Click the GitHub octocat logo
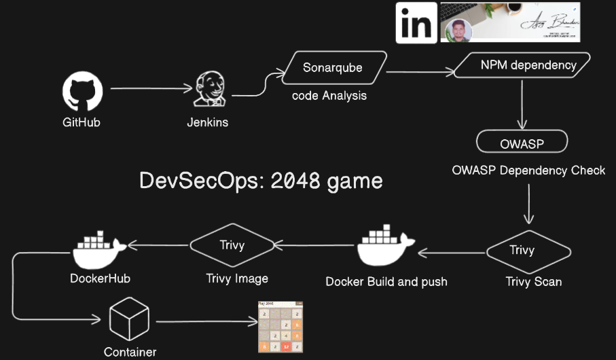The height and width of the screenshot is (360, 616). (x=83, y=92)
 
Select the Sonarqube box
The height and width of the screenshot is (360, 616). (x=333, y=68)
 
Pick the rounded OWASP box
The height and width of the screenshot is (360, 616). (x=522, y=143)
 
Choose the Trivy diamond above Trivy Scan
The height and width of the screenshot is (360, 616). (x=522, y=251)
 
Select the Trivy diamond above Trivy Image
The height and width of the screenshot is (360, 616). (x=232, y=245)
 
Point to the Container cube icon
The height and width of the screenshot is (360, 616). (x=129, y=320)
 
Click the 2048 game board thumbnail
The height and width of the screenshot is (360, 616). (x=280, y=327)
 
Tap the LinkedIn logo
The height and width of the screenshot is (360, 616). (x=416, y=23)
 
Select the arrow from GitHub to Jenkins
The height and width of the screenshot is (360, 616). (x=150, y=88)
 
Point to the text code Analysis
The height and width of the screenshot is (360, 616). (x=329, y=96)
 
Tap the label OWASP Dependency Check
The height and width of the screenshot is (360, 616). (x=528, y=170)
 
